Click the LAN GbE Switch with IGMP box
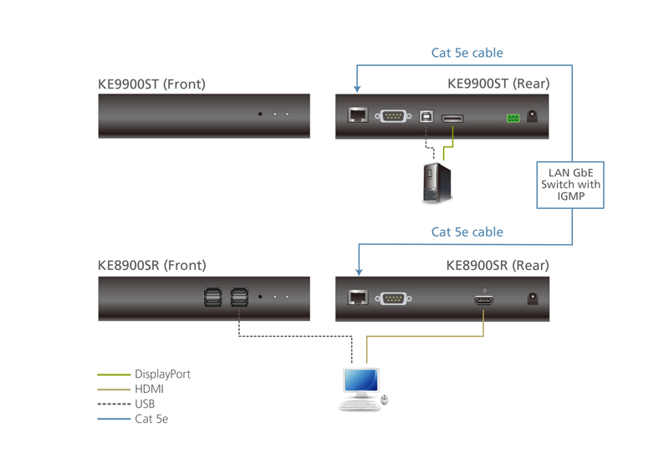569,185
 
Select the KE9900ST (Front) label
151,84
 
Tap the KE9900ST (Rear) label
498,84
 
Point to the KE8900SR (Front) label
151,266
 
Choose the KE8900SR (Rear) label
498,266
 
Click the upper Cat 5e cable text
467,53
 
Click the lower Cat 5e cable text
467,232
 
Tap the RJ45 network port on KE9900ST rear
357,115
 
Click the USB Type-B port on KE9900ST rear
426,116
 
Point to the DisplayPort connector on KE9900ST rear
453,118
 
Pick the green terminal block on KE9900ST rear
512,118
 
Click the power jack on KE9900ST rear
533,118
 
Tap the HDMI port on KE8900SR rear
484,298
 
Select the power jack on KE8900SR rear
533,298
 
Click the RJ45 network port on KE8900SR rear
357,298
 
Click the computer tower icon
437,182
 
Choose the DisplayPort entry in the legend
162,374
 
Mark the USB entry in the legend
145,404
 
